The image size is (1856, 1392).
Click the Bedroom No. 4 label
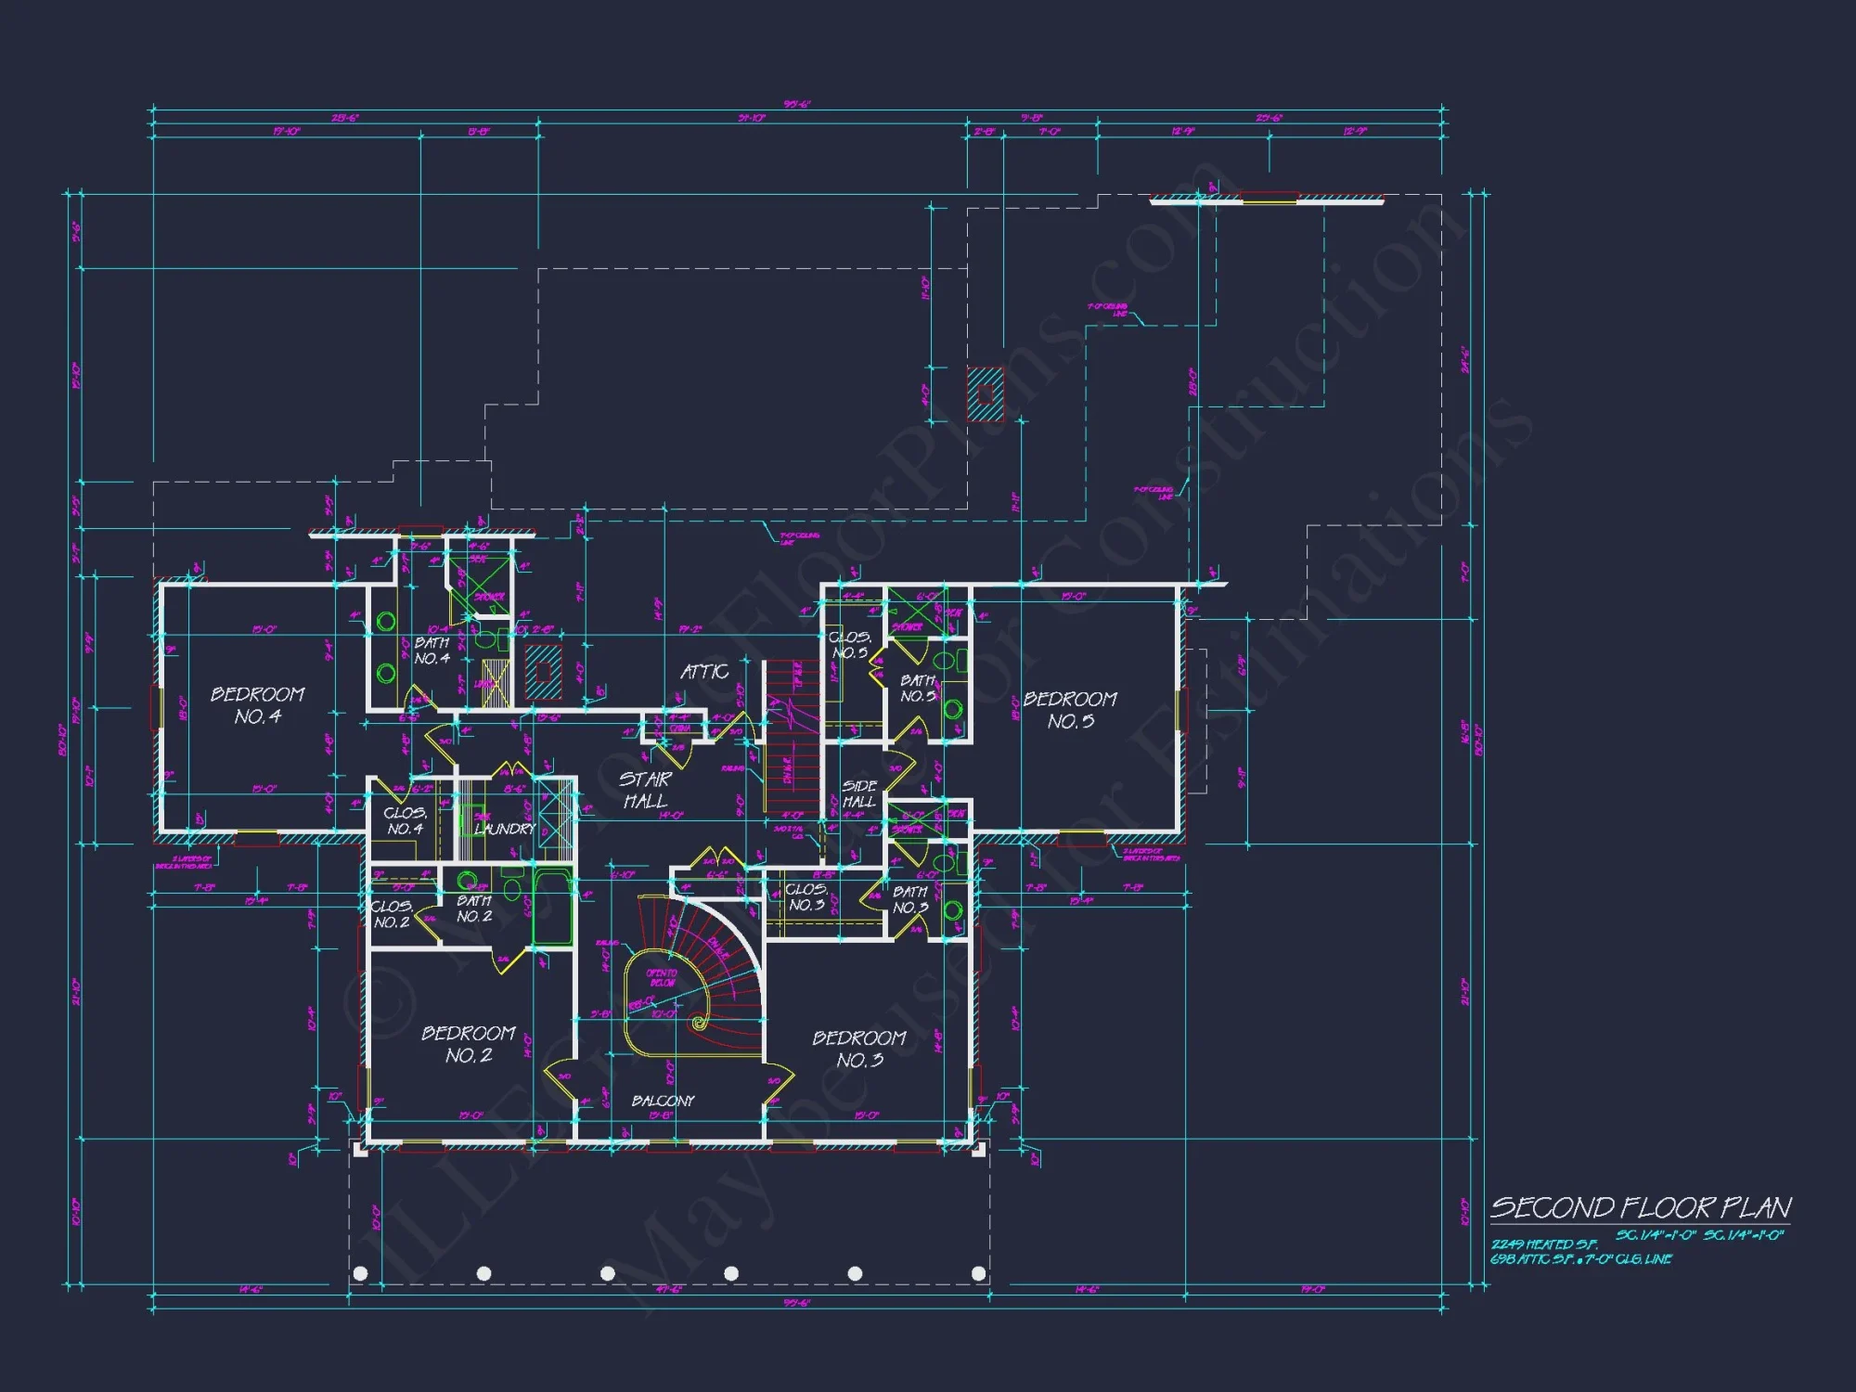(x=257, y=705)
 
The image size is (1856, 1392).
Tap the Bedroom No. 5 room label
(x=1070, y=710)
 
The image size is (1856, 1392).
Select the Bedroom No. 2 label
(x=469, y=1044)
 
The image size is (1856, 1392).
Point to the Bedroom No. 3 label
(x=859, y=1049)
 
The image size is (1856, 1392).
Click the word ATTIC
(x=704, y=671)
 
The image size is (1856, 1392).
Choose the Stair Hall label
(x=645, y=790)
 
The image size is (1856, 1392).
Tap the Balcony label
(x=663, y=1101)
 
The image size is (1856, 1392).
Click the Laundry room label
(x=505, y=828)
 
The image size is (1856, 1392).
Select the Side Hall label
(x=858, y=793)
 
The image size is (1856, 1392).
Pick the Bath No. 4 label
(x=432, y=650)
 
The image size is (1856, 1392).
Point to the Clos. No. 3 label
(x=806, y=896)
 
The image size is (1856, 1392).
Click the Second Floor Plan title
(x=1640, y=1207)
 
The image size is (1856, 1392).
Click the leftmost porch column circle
(x=361, y=1273)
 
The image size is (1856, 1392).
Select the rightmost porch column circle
(x=978, y=1273)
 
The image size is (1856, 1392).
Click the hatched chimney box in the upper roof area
(x=986, y=393)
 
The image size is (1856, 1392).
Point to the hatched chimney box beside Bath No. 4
(x=543, y=672)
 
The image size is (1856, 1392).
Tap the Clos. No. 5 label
(x=849, y=644)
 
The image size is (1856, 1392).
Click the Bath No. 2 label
(x=474, y=908)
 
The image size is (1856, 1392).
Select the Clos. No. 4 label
(x=405, y=820)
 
